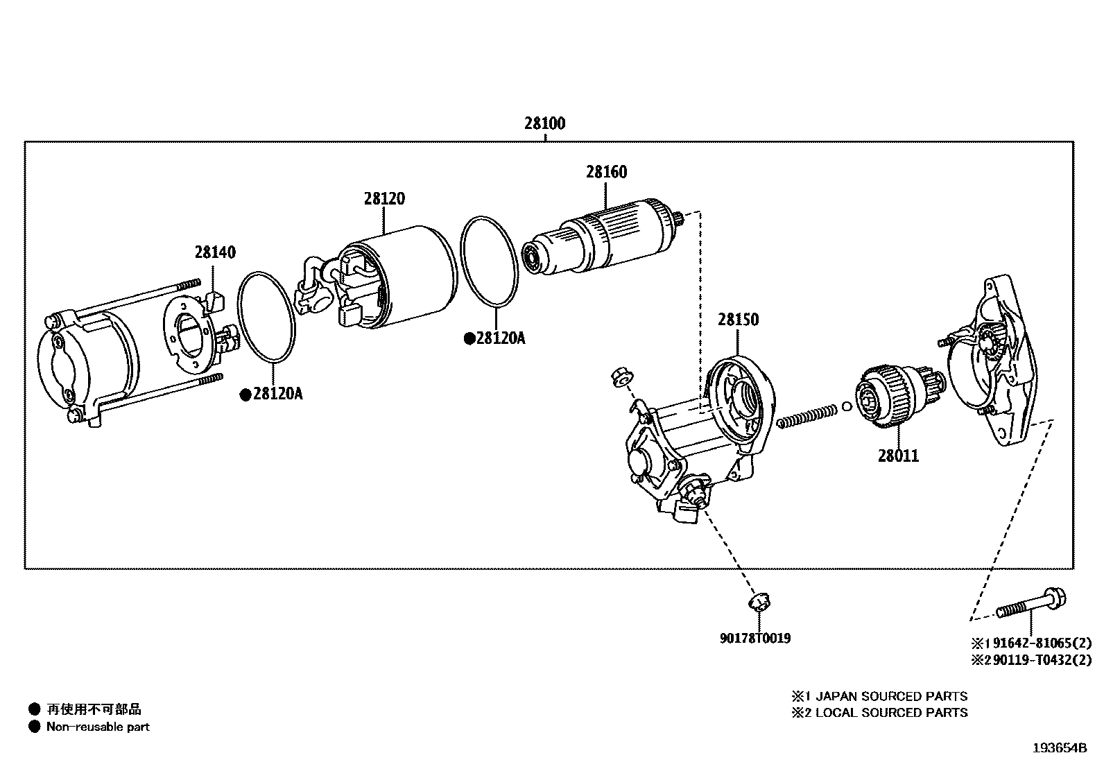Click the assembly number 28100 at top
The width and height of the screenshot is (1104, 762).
tap(544, 124)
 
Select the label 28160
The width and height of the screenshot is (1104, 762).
tap(606, 172)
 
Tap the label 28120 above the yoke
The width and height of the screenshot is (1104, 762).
tap(383, 199)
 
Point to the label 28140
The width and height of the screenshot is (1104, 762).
tap(214, 252)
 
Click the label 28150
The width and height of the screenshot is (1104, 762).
tap(738, 320)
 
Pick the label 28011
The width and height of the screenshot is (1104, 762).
tap(898, 456)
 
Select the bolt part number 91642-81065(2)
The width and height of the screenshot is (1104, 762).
tap(1037, 642)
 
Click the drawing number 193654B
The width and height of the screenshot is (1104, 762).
tap(1059, 748)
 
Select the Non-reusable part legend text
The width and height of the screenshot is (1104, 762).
tap(98, 727)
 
